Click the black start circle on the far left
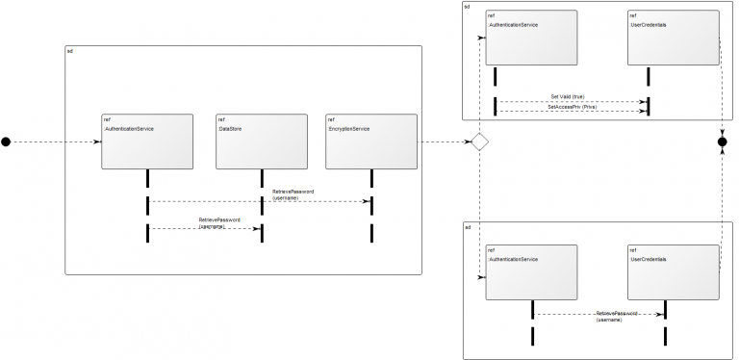6,142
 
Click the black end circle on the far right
723,142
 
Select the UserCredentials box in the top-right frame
674,39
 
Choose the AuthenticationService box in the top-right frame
531,39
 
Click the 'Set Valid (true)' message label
567,96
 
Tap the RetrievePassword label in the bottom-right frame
616,316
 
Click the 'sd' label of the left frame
69,49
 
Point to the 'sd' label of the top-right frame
468,7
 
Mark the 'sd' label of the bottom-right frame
468,226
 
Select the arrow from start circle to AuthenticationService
54,142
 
